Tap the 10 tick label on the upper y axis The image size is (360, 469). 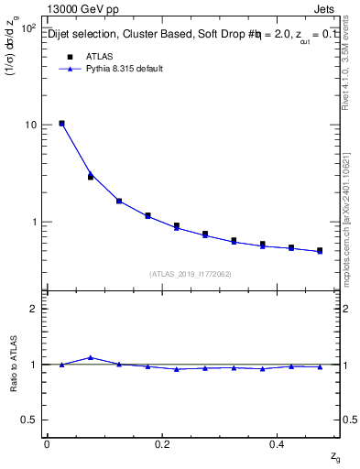point(30,125)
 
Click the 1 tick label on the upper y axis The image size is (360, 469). point(33,222)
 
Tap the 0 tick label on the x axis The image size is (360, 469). point(47,443)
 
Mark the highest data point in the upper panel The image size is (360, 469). point(61,123)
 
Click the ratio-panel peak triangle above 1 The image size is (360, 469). point(91,357)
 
